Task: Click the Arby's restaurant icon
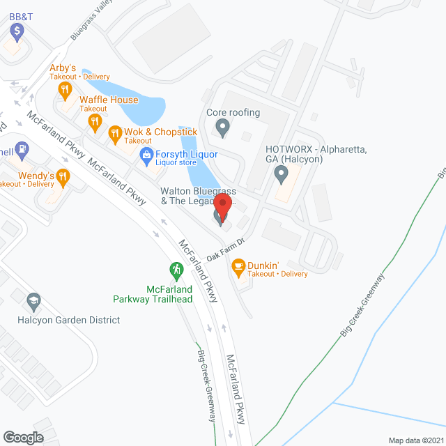click(65, 89)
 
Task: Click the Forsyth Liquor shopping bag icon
click(146, 154)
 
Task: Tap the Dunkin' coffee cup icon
click(238, 266)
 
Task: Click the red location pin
click(222, 207)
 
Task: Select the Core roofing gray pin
click(222, 128)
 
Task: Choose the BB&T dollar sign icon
click(17, 30)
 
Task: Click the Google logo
click(22, 437)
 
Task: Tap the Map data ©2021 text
click(415, 440)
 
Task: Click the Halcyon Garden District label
click(69, 320)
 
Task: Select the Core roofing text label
click(233, 112)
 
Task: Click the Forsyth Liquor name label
click(186, 154)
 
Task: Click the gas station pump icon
click(23, 148)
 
